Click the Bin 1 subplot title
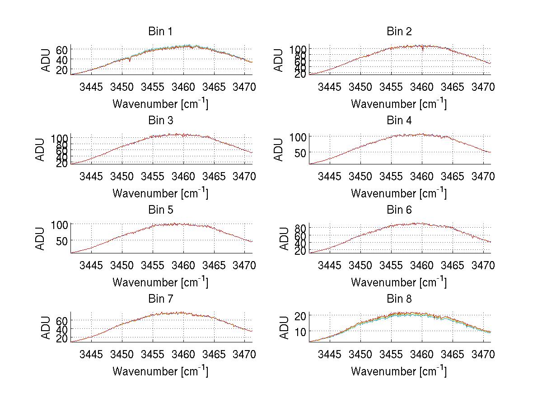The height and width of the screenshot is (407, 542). point(160,32)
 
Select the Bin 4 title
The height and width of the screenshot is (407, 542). point(399,121)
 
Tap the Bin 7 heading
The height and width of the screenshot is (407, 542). point(160,299)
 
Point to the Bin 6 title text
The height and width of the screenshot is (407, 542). point(399,210)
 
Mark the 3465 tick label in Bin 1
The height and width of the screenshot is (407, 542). point(214,87)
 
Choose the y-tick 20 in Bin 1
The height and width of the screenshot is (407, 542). point(62,70)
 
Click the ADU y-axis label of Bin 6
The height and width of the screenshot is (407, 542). point(284,239)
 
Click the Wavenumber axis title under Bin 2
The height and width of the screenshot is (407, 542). point(399,104)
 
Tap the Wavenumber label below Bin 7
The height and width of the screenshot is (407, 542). point(160,371)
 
